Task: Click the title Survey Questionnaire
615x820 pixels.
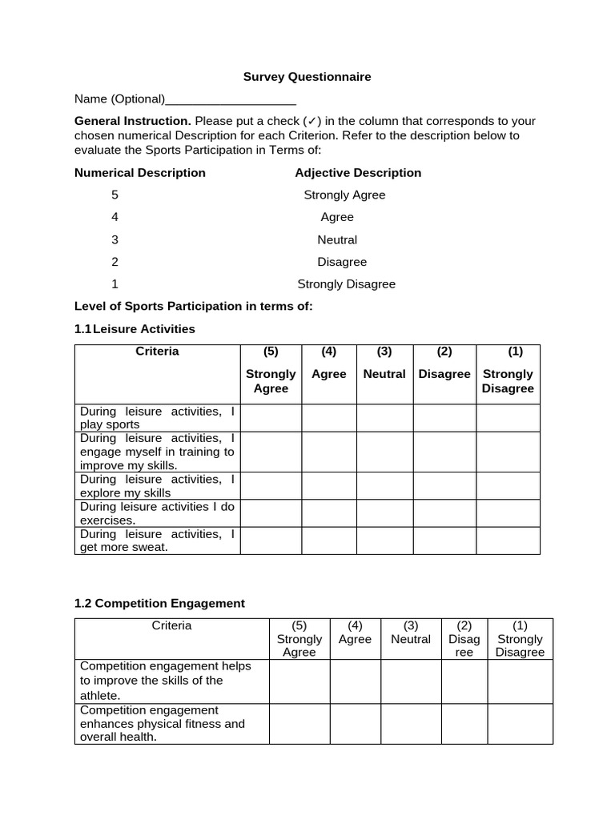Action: tap(307, 77)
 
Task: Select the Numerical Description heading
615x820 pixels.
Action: tap(139, 172)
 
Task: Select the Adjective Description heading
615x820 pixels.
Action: tap(358, 172)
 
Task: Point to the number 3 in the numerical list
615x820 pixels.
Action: tap(115, 239)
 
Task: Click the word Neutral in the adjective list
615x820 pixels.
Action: tap(337, 239)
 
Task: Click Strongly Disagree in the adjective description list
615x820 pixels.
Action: tap(346, 283)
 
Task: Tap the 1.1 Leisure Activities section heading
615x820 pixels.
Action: tap(135, 328)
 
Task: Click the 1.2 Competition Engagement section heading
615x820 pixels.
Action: tap(159, 603)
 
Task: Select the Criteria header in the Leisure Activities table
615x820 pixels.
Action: tap(157, 352)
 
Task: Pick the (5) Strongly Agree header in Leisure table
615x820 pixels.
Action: tap(271, 373)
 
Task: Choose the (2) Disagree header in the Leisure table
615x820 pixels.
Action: tap(444, 373)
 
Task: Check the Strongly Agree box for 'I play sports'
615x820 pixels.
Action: tap(271, 418)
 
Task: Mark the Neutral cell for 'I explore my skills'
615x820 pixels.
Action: tap(384, 486)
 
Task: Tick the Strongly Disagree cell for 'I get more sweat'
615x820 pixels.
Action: tap(508, 541)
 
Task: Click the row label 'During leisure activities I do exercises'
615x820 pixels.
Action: tap(157, 513)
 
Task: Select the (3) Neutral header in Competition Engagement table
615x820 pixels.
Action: tap(411, 638)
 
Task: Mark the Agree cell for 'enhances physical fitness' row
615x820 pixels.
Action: tap(355, 724)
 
